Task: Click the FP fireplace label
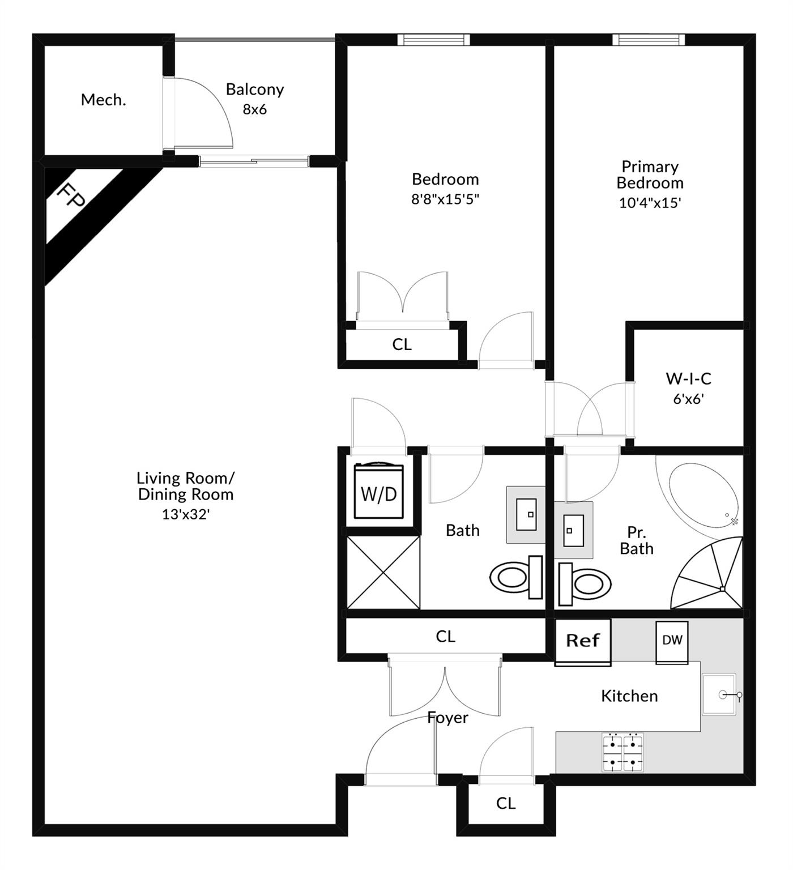(x=71, y=196)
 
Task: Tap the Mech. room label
(x=103, y=100)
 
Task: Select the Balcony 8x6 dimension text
(x=254, y=109)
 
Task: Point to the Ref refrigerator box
(x=582, y=641)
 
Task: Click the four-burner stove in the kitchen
(x=623, y=752)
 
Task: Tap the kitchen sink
(x=720, y=694)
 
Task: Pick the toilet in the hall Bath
(x=515, y=577)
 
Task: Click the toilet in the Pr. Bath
(x=585, y=583)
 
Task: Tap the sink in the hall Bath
(x=526, y=514)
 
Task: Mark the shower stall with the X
(x=383, y=573)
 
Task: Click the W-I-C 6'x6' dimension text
(x=688, y=399)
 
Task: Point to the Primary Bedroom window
(x=649, y=40)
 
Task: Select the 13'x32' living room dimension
(x=186, y=514)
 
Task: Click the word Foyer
(x=447, y=718)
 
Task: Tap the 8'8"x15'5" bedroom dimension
(x=445, y=199)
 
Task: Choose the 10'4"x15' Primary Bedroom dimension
(x=650, y=203)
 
